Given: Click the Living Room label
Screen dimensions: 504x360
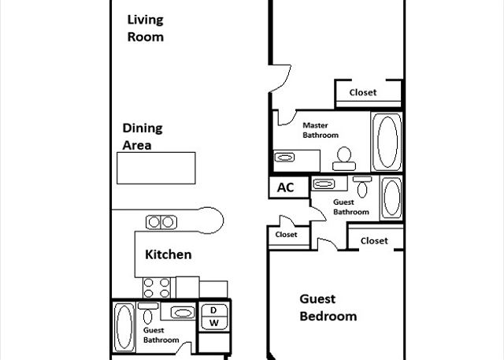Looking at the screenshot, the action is [x=145, y=28].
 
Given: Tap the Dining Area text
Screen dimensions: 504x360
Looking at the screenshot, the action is [x=143, y=136].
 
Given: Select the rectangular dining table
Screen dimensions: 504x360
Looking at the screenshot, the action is [x=156, y=168].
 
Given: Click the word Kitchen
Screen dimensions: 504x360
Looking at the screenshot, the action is [x=168, y=254].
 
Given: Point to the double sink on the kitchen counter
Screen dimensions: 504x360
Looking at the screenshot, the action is [x=161, y=222].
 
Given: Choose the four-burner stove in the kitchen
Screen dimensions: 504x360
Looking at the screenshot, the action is [x=157, y=288].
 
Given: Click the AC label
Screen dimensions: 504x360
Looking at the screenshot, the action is [x=285, y=187].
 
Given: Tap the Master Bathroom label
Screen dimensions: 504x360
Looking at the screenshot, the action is [x=321, y=130].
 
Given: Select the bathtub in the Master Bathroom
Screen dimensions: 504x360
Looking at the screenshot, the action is [x=387, y=142].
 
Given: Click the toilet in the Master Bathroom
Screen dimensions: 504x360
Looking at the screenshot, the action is [x=344, y=159].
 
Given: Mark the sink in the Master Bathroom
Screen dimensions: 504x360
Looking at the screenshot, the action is [x=284, y=158].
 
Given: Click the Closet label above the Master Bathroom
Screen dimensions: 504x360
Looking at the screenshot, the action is [x=363, y=93].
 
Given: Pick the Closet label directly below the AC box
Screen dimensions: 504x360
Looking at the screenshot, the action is [x=286, y=235].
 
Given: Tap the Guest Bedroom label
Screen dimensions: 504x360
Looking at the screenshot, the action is [x=328, y=307].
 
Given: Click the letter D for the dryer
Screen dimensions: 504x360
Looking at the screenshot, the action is [x=213, y=310].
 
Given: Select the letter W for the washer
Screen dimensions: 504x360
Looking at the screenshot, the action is [x=214, y=323].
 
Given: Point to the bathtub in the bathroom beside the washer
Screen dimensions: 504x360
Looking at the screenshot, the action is [x=124, y=327].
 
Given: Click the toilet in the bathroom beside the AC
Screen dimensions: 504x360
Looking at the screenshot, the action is [x=362, y=187].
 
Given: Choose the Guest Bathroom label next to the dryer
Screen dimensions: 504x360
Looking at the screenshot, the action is [x=161, y=336].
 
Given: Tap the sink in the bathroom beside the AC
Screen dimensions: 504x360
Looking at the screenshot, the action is [x=324, y=184].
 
